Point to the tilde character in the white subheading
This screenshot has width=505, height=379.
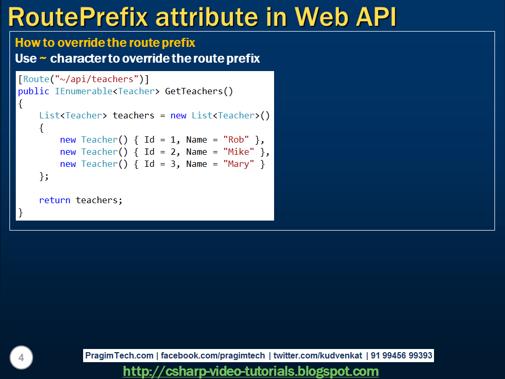(x=43, y=58)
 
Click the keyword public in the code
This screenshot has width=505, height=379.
(x=34, y=92)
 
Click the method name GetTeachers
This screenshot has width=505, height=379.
(x=194, y=92)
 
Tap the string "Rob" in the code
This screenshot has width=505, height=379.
(x=236, y=140)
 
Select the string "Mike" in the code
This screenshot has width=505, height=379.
(x=239, y=152)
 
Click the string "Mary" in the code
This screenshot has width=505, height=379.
(x=239, y=164)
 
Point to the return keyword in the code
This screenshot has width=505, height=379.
(x=55, y=201)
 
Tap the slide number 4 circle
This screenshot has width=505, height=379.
(x=21, y=358)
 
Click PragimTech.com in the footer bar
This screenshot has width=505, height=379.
(x=119, y=356)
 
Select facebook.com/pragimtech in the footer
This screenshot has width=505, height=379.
(x=213, y=356)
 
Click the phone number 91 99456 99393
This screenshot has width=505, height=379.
(x=401, y=356)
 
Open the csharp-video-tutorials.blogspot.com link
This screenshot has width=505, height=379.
(x=251, y=372)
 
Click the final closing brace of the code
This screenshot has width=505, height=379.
(x=21, y=213)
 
